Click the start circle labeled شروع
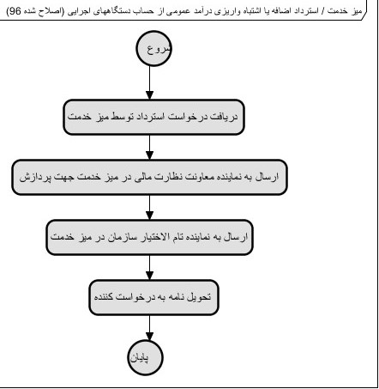tap(150, 50)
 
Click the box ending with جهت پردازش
tap(150, 178)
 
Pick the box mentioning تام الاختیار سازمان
tap(150, 236)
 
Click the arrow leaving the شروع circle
tap(150, 84)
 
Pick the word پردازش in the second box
tap(32, 178)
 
